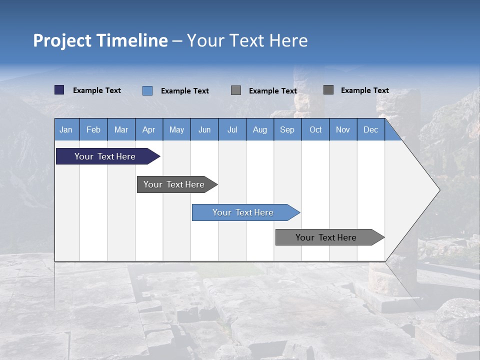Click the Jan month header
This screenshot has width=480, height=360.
[x=66, y=129]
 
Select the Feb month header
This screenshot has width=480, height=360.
[x=93, y=129]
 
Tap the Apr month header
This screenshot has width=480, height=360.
[x=148, y=129]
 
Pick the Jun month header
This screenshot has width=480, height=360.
[x=204, y=129]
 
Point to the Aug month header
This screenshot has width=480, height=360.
[x=259, y=129]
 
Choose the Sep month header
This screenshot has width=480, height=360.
[x=287, y=129]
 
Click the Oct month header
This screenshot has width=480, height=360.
[x=315, y=129]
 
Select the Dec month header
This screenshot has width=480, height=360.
[x=370, y=129]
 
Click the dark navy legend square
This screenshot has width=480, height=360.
[x=59, y=90]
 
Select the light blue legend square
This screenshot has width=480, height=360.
[x=147, y=90]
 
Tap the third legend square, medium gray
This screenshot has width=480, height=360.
[x=236, y=90]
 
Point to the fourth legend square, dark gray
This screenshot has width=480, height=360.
[x=328, y=90]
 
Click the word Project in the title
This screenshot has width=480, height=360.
[x=62, y=40]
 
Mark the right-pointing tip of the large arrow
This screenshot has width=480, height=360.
[x=438, y=190]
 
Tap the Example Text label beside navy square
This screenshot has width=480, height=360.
[x=97, y=90]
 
